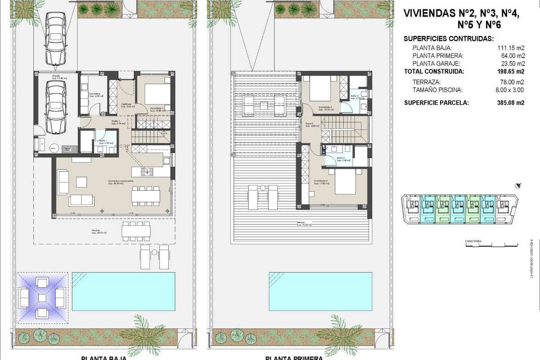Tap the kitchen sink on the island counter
pos(147,171)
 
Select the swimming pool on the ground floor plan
pos(124,291)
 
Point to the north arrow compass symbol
pos(519,185)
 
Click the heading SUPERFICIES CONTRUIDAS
pos(449,39)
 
